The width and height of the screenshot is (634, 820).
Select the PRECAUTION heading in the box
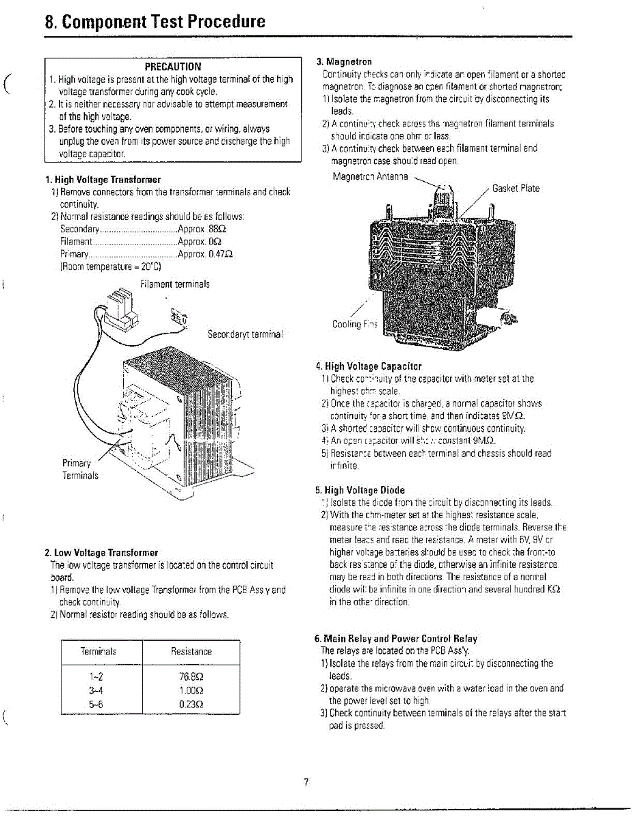pos(173,67)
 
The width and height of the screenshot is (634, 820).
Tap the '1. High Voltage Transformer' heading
pos(103,180)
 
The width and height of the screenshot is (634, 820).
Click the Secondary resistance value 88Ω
pos(217,229)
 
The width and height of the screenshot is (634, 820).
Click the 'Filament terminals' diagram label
pos(174,284)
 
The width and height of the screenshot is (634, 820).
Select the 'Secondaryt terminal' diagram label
pos(245,335)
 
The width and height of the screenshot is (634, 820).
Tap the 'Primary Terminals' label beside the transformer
pos(80,469)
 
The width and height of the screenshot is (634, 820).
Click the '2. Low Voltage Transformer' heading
pos(101,552)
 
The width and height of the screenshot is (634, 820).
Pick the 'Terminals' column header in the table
pos(98,651)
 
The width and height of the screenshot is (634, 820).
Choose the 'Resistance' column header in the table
pos(191,651)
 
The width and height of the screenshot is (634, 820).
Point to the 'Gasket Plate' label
pos(516,188)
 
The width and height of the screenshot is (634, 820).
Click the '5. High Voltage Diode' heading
pos(360,490)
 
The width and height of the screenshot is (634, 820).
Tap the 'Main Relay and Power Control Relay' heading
pos(395,638)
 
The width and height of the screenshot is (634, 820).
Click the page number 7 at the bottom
pos(307,782)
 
